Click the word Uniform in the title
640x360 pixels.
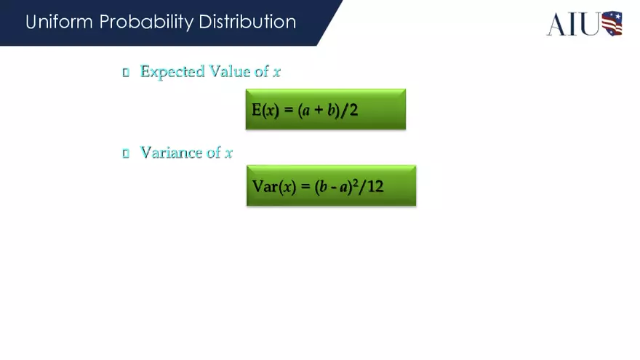pyautogui.click(x=59, y=22)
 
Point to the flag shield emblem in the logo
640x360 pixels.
pyautogui.click(x=612, y=23)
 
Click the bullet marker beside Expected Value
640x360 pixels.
pyautogui.click(x=125, y=72)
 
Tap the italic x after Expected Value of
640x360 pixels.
pyautogui.click(x=277, y=72)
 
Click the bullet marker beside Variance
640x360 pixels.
pyautogui.click(x=125, y=153)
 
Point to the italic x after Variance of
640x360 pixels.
pyautogui.click(x=228, y=153)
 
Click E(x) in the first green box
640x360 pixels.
pyautogui.click(x=265, y=110)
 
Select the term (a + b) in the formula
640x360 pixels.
pyautogui.click(x=319, y=110)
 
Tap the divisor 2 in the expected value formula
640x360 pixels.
pyautogui.click(x=353, y=110)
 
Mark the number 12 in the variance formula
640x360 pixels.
pyautogui.click(x=375, y=186)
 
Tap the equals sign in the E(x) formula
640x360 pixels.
pyautogui.click(x=288, y=111)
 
